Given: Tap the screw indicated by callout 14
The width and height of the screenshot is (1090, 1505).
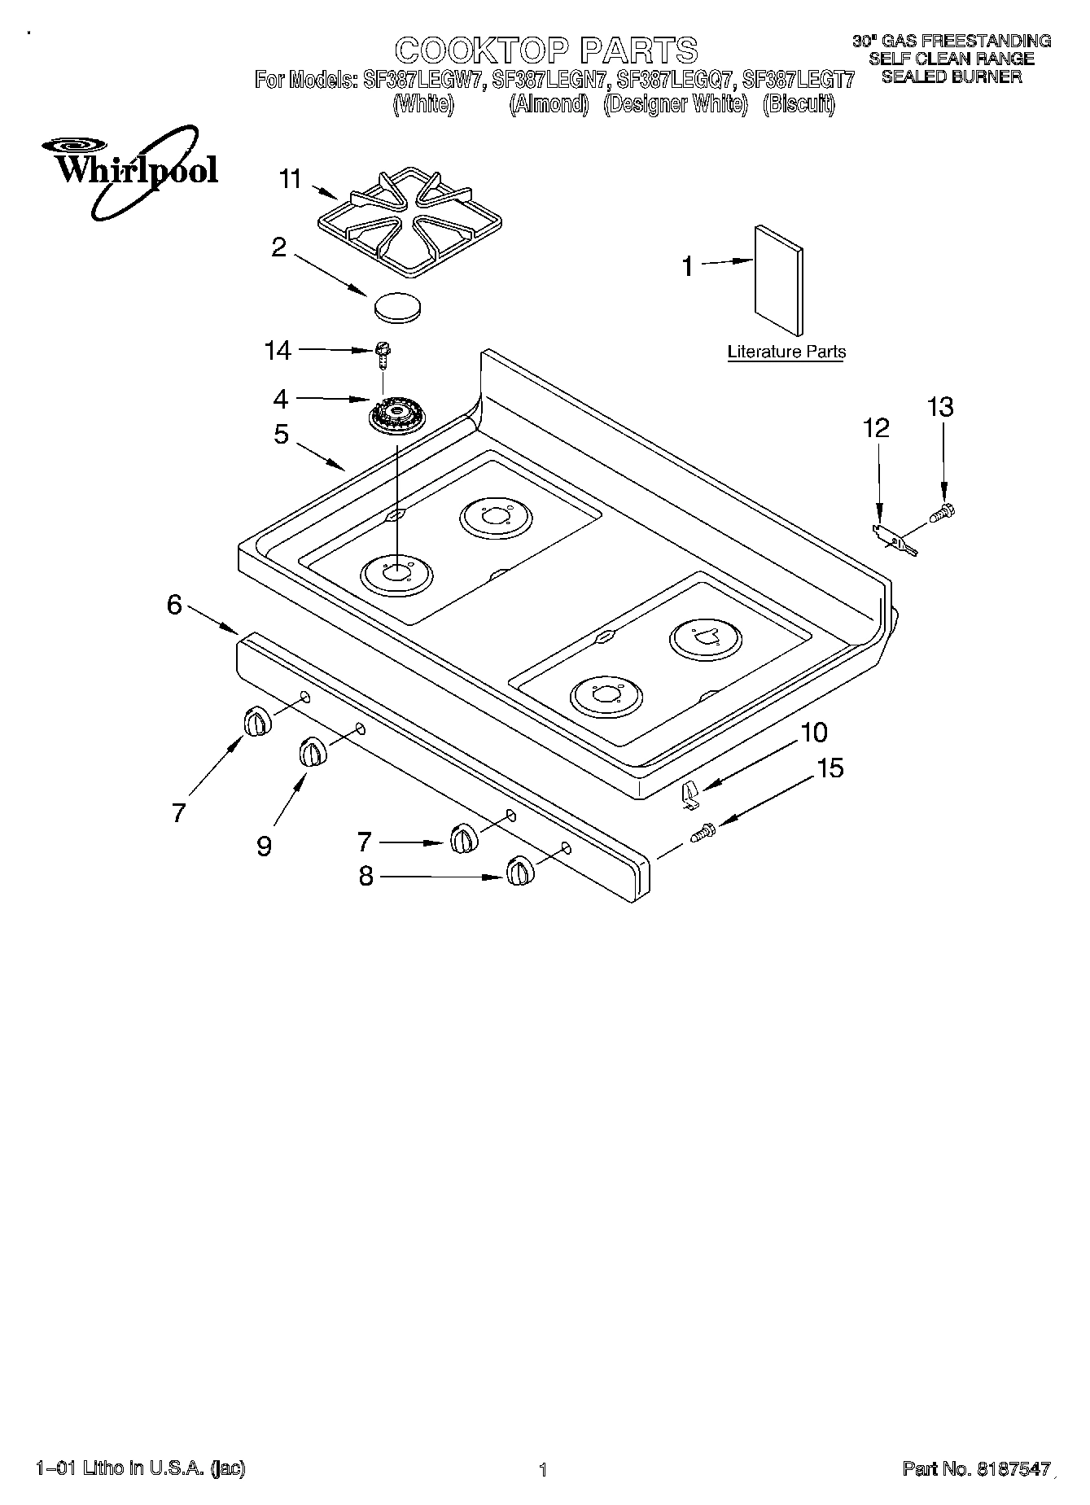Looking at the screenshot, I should pyautogui.click(x=381, y=353).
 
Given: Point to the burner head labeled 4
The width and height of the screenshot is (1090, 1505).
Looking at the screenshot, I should pyautogui.click(x=396, y=418).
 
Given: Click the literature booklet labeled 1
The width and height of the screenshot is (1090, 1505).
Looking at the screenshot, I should pyautogui.click(x=779, y=280).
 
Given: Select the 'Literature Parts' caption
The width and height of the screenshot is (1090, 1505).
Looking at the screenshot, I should pyautogui.click(x=786, y=352).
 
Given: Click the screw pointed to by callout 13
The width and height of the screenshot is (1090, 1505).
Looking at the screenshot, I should pyautogui.click(x=943, y=512).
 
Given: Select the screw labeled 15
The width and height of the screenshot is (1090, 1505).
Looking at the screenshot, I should pyautogui.click(x=703, y=833).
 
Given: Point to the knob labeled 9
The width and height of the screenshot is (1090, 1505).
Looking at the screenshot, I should pyautogui.click(x=312, y=750).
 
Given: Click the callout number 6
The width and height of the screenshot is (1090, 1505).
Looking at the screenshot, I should pyautogui.click(x=174, y=605).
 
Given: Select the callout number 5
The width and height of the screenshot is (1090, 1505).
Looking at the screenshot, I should pyautogui.click(x=281, y=434).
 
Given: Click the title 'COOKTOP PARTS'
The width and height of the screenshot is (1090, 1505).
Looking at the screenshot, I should pyautogui.click(x=546, y=50).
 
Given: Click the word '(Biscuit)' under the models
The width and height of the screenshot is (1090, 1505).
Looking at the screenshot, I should pyautogui.click(x=799, y=104).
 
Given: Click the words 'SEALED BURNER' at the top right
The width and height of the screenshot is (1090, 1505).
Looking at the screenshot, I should pyautogui.click(x=952, y=77).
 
